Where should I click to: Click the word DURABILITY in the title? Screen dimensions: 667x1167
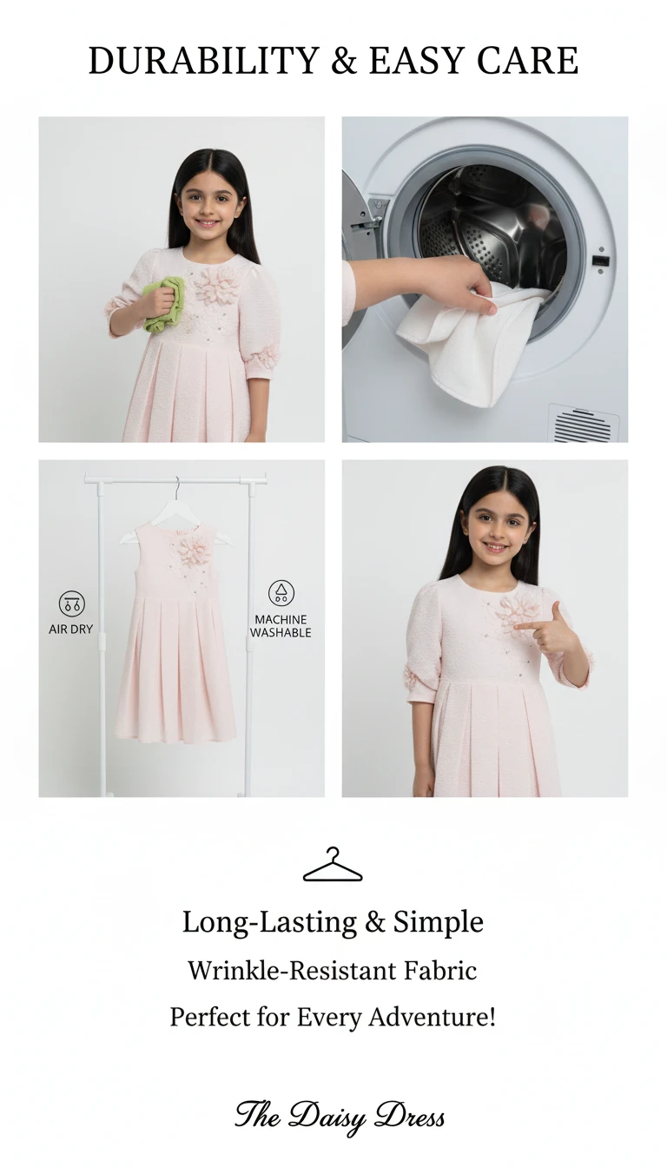tap(203, 61)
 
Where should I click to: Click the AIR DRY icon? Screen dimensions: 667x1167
tap(72, 603)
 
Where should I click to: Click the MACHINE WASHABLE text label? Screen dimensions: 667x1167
tap(281, 626)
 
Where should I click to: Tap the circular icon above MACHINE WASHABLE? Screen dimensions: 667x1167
tap(281, 593)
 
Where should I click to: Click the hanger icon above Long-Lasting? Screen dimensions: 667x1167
tap(333, 864)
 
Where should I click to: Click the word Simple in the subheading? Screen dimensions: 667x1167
tap(439, 922)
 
